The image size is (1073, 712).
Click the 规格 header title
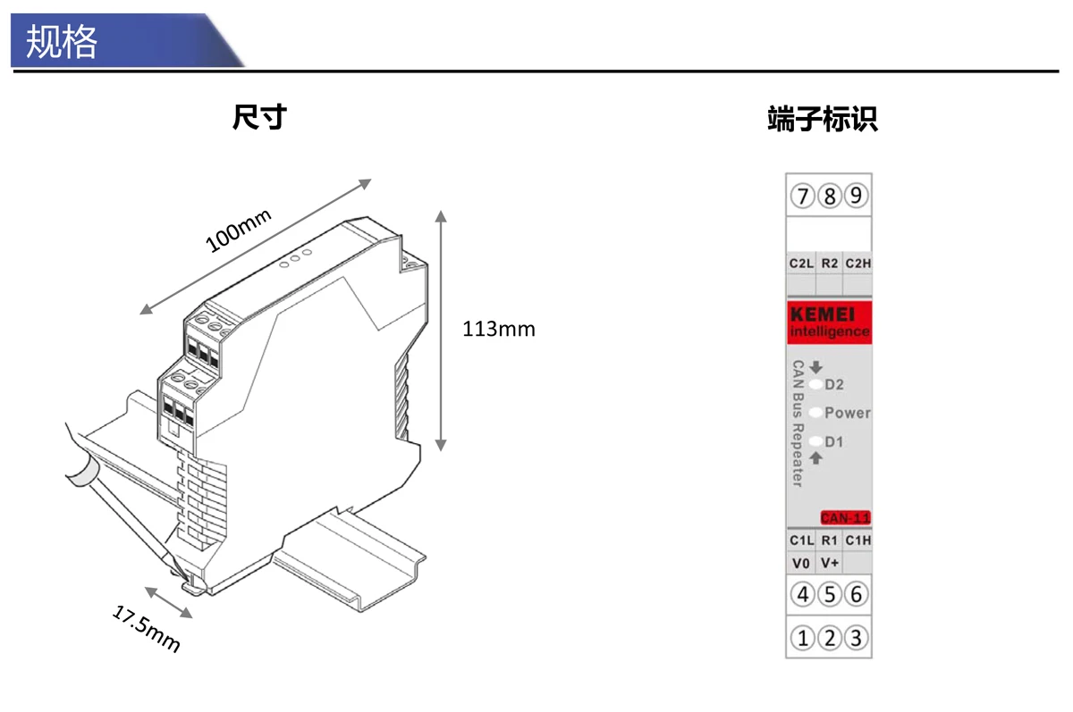(x=62, y=41)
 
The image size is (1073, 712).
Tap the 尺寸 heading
(x=258, y=117)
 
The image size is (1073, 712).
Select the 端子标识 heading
(x=823, y=120)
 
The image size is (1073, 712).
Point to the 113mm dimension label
(x=498, y=329)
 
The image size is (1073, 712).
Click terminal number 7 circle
(x=803, y=195)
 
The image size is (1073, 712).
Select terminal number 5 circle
(x=830, y=594)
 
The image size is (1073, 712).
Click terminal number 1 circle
(x=803, y=638)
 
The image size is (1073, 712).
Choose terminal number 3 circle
(x=857, y=638)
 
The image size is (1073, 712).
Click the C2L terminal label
(x=801, y=264)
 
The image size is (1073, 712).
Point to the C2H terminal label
(x=858, y=264)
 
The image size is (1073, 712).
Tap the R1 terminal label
(x=829, y=540)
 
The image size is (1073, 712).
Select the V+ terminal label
(x=829, y=564)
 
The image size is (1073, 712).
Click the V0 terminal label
(x=801, y=564)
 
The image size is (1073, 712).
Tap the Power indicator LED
(x=815, y=414)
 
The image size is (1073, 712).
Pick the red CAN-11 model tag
(x=845, y=518)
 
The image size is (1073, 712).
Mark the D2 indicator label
(x=834, y=385)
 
